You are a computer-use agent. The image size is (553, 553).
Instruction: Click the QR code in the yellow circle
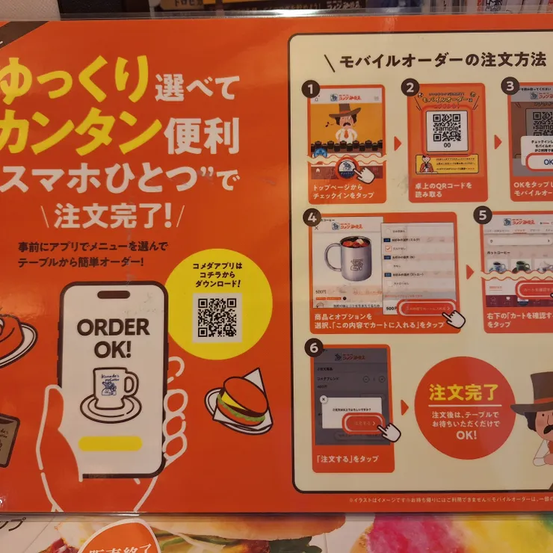217,317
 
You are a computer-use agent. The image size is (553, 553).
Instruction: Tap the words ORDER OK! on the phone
113,338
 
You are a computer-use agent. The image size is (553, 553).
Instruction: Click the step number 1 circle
309,89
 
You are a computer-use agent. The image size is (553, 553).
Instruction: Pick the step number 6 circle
314,347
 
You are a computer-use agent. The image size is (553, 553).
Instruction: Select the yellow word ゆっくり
74,83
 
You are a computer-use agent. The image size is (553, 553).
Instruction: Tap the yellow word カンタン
83,133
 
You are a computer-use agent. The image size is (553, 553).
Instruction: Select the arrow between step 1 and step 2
397,141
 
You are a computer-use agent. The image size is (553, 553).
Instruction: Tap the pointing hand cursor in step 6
388,430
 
